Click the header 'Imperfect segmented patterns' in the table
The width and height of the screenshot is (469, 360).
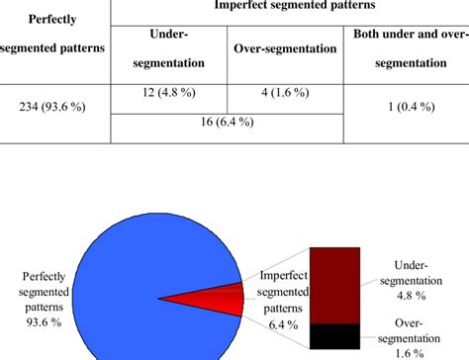[286, 7]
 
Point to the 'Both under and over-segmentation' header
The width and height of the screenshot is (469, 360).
[407, 48]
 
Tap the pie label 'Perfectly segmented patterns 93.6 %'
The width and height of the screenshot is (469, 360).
[42, 292]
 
